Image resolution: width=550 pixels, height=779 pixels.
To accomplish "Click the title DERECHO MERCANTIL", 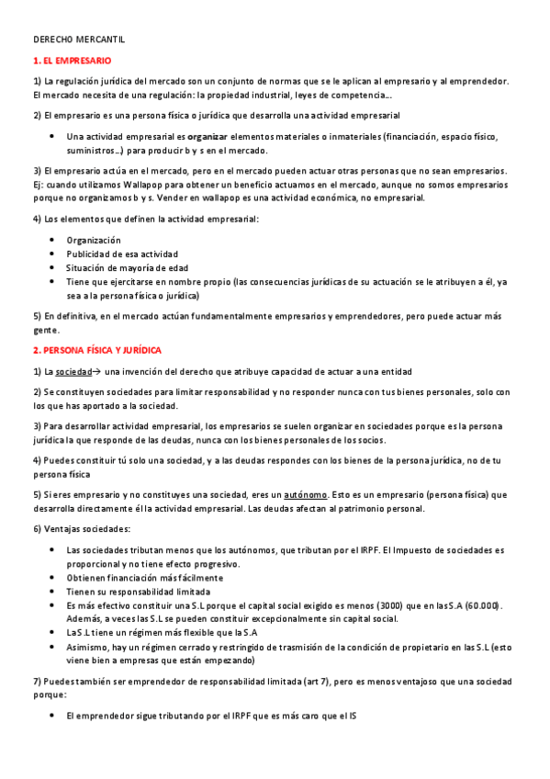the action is (x=78, y=41).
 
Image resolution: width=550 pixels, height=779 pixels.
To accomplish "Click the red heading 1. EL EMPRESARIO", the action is (x=72, y=61).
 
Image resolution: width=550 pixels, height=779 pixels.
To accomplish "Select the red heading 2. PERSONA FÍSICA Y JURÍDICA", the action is (x=96, y=351).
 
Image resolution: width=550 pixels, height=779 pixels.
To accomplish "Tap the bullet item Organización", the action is (x=94, y=240).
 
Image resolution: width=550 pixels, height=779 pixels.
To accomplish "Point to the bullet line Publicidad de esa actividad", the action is (x=122, y=254).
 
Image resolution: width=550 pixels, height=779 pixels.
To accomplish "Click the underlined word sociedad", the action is (x=74, y=371).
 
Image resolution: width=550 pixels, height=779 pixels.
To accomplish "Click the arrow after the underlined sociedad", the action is (x=97, y=371).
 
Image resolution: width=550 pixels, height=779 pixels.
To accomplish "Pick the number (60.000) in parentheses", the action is (x=481, y=605).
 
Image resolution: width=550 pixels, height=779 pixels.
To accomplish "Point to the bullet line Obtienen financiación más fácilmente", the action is (x=144, y=578).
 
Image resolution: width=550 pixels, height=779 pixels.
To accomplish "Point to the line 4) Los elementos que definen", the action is (x=146, y=219).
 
